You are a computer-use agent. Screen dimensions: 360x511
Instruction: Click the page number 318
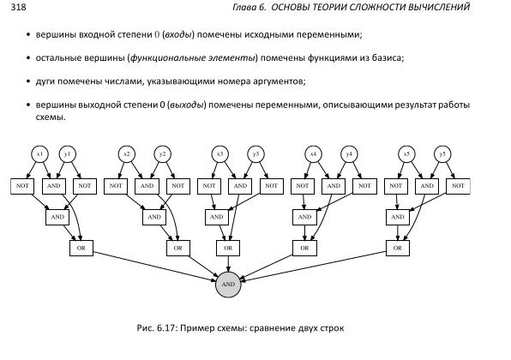click(16, 8)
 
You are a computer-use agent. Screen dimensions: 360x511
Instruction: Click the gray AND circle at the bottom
click(228, 283)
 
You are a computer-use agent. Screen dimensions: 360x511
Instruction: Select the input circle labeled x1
click(39, 154)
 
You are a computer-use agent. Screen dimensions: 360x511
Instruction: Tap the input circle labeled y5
click(442, 154)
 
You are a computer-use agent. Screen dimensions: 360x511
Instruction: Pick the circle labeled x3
click(220, 154)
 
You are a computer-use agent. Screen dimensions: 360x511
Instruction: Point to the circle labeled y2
click(162, 154)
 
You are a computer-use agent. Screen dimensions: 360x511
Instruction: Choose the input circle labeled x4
click(314, 154)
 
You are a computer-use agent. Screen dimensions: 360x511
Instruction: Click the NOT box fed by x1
click(22, 185)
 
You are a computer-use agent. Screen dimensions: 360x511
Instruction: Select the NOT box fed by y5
click(459, 185)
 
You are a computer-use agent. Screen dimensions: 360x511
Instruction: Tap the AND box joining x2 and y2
click(147, 185)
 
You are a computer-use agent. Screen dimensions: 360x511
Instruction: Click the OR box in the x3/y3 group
click(228, 248)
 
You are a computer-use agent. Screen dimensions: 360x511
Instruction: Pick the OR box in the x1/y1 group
click(81, 248)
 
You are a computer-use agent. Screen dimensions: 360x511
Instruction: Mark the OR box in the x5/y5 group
click(396, 248)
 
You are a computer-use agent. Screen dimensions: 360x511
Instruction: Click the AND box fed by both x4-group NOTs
click(304, 217)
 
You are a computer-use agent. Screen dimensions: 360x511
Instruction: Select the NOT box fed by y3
click(271, 185)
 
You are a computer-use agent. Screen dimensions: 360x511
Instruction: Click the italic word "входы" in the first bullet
click(178, 34)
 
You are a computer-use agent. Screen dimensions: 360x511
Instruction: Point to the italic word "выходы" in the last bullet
click(187, 105)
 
